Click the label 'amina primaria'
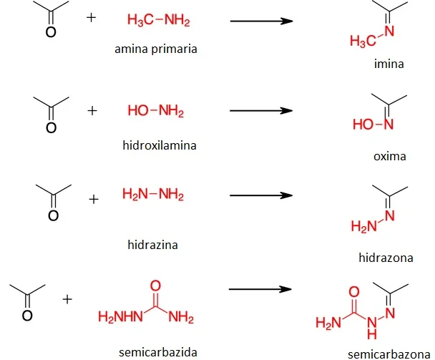(x=156, y=49)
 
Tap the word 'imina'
(x=389, y=64)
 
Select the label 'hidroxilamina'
(x=160, y=145)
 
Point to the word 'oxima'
(x=390, y=156)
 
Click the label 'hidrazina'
(x=153, y=245)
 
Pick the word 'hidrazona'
(x=386, y=258)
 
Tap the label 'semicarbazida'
(x=158, y=352)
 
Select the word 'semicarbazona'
(x=389, y=354)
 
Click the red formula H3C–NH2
(x=159, y=20)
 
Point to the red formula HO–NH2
(x=156, y=111)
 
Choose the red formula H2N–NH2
(x=153, y=194)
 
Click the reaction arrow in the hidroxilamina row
(x=261, y=111)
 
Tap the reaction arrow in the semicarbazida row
(x=260, y=289)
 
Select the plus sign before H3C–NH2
(x=92, y=18)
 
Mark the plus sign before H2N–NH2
(x=94, y=199)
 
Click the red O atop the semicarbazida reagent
(x=155, y=286)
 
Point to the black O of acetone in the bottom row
(x=27, y=316)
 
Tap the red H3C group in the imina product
(x=363, y=41)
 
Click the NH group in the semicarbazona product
(x=372, y=328)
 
